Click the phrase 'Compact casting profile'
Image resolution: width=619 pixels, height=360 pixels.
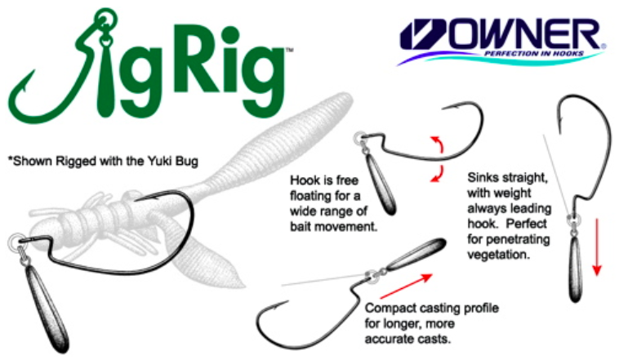tap(431, 309)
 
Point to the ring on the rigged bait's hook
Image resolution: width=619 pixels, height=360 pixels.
tap(15, 242)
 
